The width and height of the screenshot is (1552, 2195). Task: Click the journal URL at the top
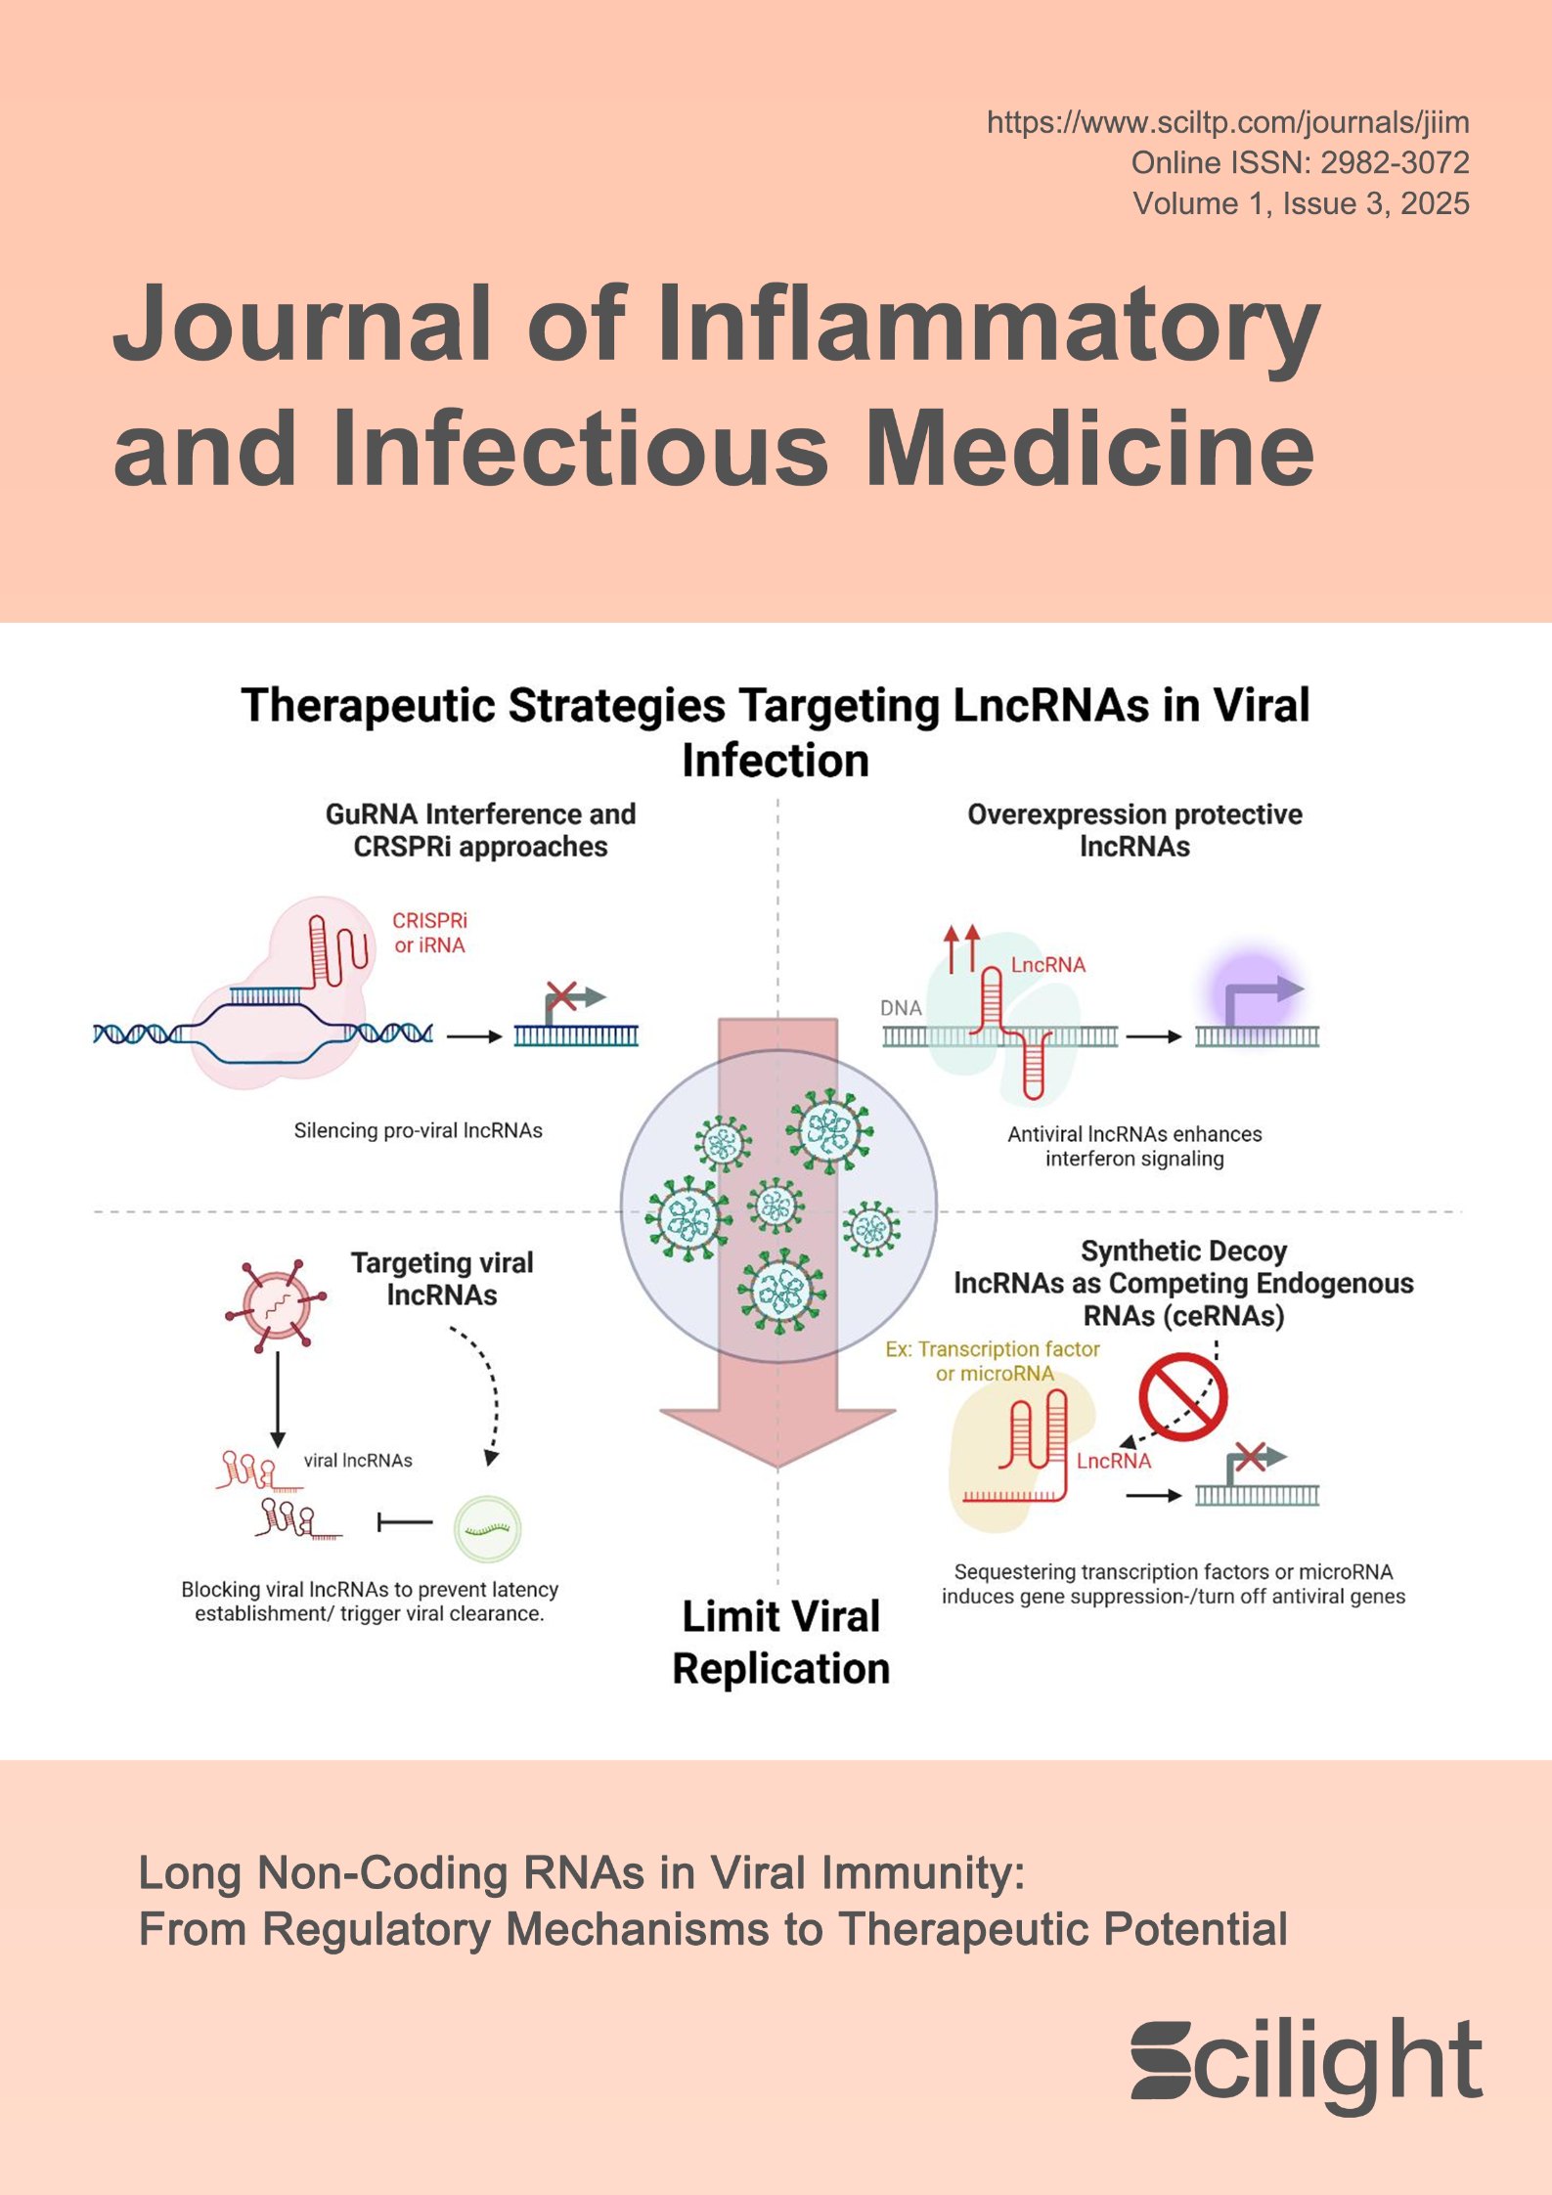[x=1227, y=123]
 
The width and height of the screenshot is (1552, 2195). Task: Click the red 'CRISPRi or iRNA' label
[x=429, y=933]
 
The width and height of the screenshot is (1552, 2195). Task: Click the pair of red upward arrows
[x=961, y=947]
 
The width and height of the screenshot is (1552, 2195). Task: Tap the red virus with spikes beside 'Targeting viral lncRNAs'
[x=275, y=1304]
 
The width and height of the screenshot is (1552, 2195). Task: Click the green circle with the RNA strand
[x=488, y=1529]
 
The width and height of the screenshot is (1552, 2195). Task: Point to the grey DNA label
[x=901, y=1008]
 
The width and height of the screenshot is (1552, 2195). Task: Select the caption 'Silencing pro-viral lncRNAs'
[x=418, y=1131]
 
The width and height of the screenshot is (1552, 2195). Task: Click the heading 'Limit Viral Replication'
[x=780, y=1643]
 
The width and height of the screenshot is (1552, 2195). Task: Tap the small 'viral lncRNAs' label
[x=358, y=1461]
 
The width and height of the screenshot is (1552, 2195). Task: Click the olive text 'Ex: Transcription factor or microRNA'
[x=993, y=1361]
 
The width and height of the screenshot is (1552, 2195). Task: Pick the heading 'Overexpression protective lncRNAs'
[x=1134, y=830]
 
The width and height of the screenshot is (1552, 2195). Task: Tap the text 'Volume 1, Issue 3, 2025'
[x=1301, y=204]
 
